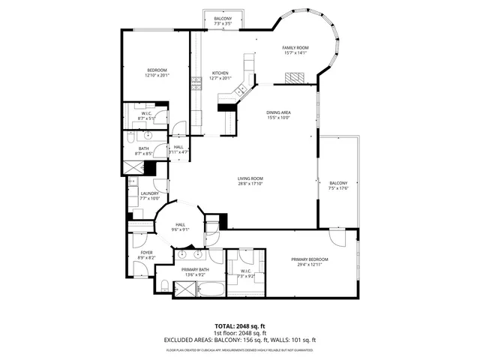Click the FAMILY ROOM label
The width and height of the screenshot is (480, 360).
[x=295, y=47]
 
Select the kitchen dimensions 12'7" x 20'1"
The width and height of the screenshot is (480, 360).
[x=220, y=78]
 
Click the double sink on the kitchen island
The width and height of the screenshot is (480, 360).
[x=242, y=90]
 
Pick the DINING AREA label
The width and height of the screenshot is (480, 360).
[x=278, y=112]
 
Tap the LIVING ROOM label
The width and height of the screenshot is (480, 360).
[x=250, y=178]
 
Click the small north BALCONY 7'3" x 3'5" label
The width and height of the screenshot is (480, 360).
[x=222, y=18]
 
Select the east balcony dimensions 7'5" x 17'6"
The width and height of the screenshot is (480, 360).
[x=338, y=188]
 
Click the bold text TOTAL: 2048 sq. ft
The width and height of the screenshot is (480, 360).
[x=240, y=326]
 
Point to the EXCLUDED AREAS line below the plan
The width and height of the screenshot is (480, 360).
[x=240, y=340]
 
